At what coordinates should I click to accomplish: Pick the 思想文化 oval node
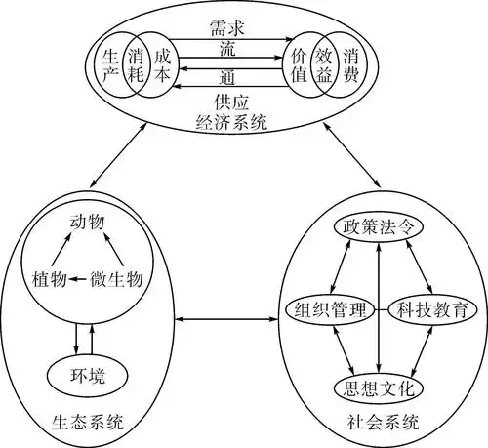click(x=380, y=388)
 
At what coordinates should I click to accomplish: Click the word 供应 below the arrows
click(x=232, y=102)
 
